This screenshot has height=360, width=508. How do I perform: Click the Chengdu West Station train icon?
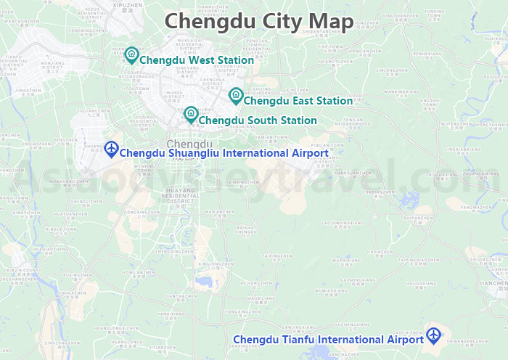point(131,54)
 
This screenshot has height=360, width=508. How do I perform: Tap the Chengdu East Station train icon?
point(236,95)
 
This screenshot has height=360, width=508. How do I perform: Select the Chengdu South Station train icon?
point(191,114)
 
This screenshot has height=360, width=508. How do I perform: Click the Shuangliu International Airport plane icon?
point(111,149)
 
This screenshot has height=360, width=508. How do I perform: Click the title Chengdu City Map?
point(259,21)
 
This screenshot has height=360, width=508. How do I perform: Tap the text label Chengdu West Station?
point(196,60)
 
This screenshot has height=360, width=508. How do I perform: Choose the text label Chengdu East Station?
point(298,101)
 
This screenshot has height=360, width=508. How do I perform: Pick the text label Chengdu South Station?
point(257,120)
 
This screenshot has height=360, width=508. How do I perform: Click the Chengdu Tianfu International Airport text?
point(328,340)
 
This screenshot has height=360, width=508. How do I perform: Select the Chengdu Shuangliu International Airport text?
point(223,153)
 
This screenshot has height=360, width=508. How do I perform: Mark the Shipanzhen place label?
point(417,216)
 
